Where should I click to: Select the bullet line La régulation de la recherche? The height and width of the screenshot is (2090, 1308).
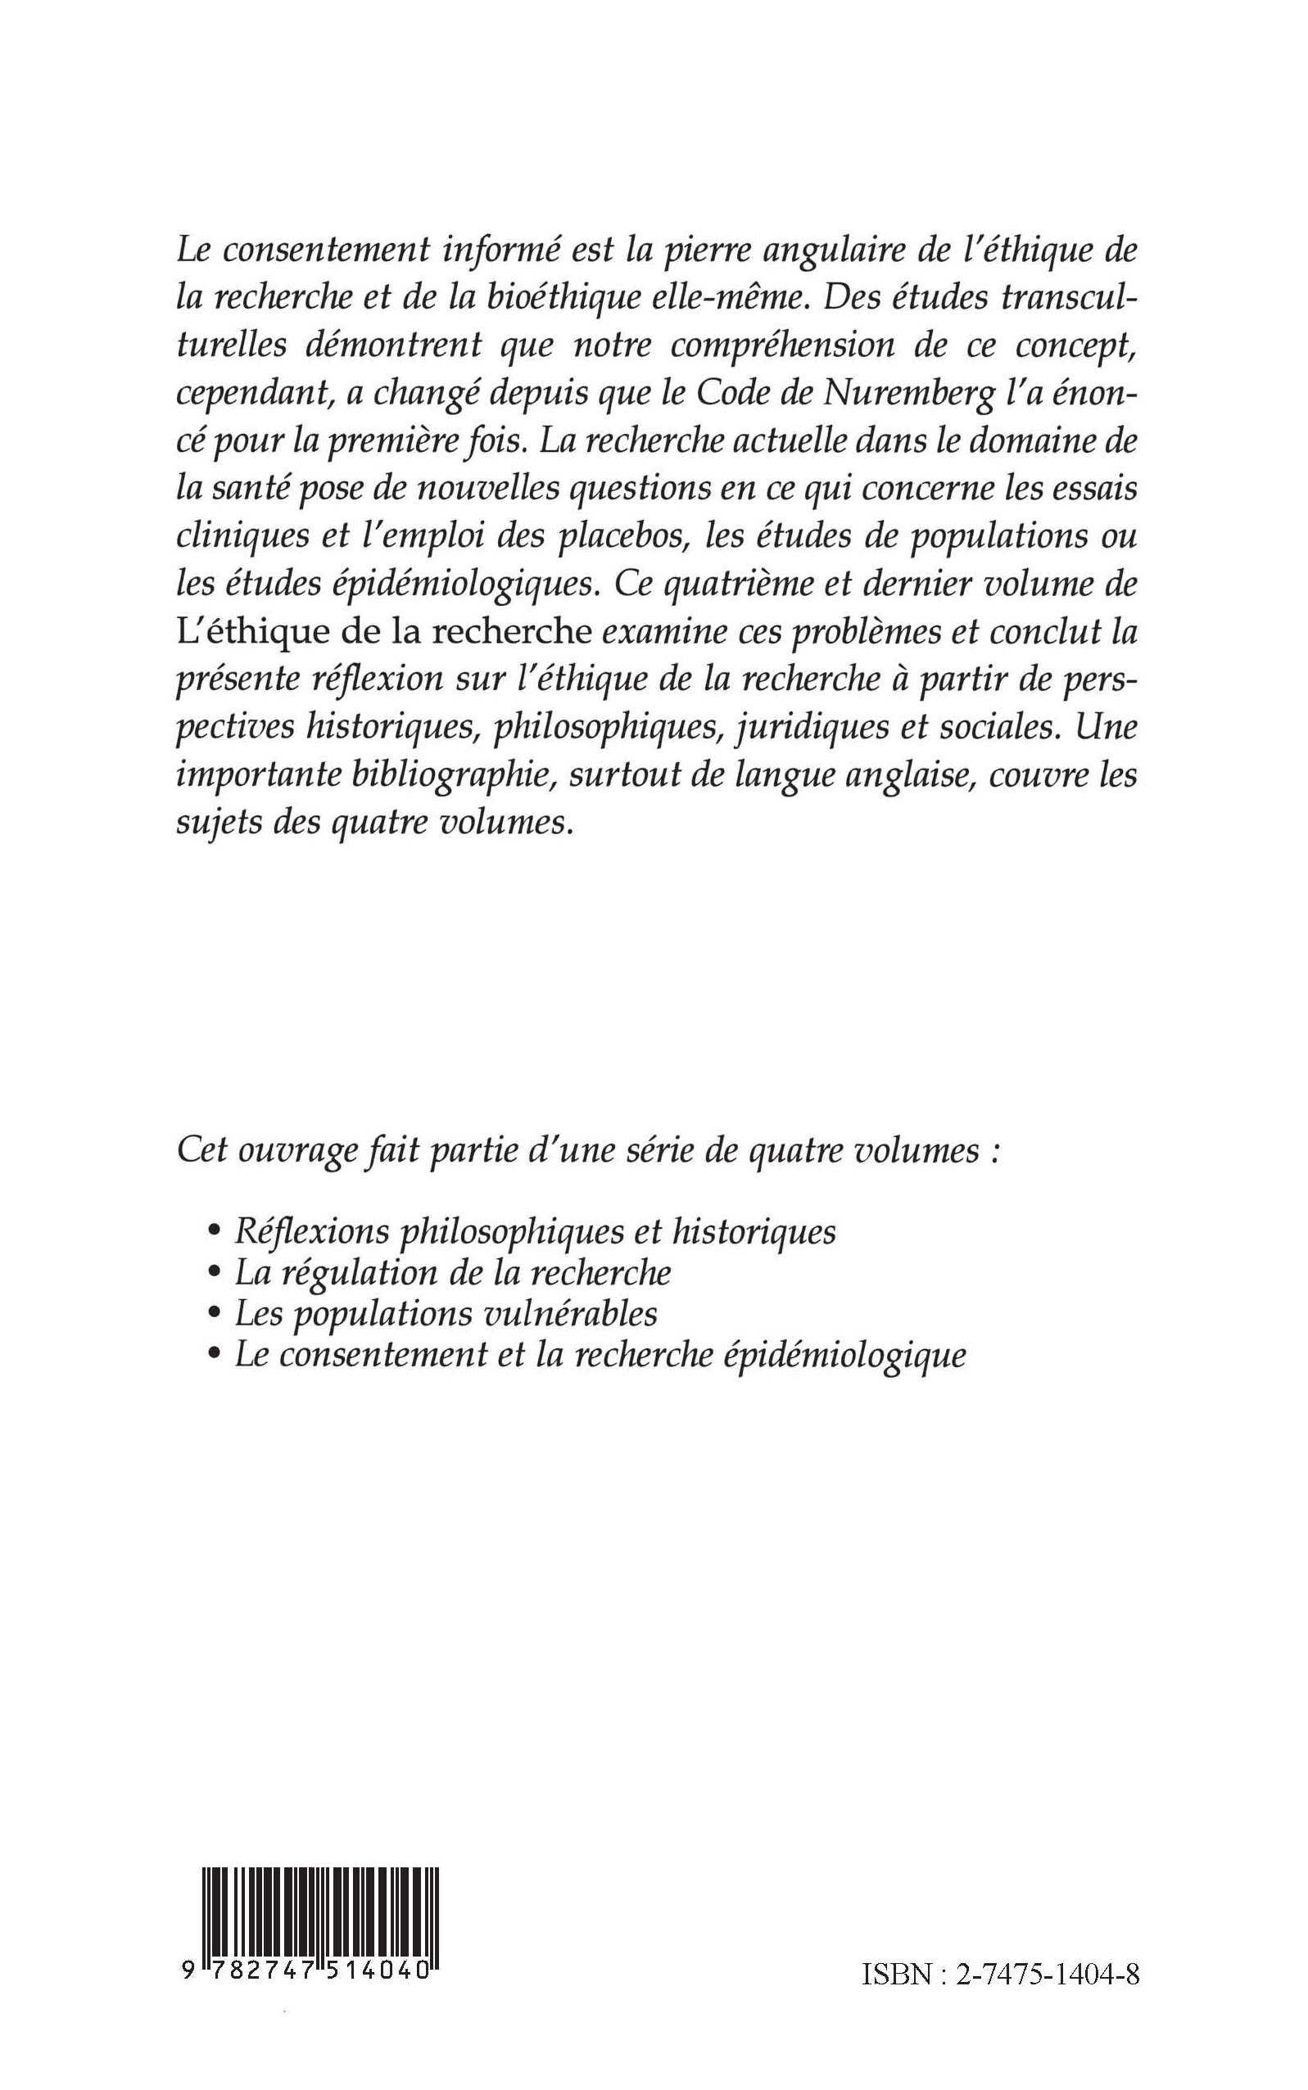[453, 1273]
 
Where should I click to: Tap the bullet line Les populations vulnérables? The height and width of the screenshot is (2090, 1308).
[446, 1315]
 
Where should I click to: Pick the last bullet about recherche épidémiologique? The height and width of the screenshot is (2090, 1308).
[600, 1356]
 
